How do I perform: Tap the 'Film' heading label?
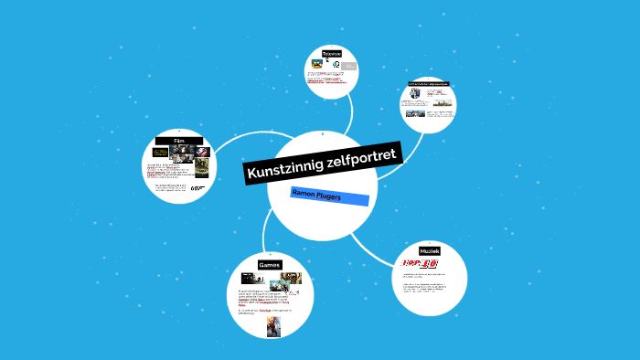pyautogui.click(x=179, y=141)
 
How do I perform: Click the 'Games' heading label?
pyautogui.click(x=269, y=264)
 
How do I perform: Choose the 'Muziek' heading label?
pyautogui.click(x=430, y=250)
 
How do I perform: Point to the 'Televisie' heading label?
pyautogui.click(x=332, y=54)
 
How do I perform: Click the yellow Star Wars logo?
pyautogui.click(x=160, y=152)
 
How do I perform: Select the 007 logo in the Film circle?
pyautogui.click(x=195, y=188)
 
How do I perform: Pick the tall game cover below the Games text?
pyautogui.click(x=273, y=326)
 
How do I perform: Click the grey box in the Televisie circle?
pyautogui.click(x=348, y=66)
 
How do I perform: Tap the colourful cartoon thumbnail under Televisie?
pyautogui.click(x=317, y=64)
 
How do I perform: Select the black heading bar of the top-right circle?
pyautogui.click(x=428, y=84)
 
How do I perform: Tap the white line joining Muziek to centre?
pyautogui.click(x=374, y=241)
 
